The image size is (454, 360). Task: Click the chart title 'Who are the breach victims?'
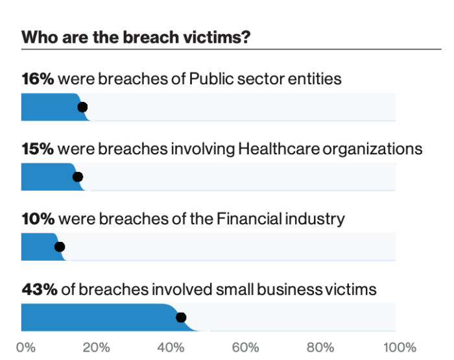coord(136,38)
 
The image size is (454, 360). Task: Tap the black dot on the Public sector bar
coord(82,107)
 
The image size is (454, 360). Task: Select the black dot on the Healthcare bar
coord(78,176)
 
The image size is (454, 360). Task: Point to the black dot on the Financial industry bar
coord(60,247)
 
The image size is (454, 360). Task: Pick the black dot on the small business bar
coord(181,317)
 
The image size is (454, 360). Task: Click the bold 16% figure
coord(38,78)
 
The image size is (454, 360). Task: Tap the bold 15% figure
coord(38,149)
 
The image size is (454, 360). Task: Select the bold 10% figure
coord(38,219)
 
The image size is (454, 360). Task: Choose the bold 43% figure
coord(40,289)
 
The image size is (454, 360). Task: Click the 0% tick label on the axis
coord(26,348)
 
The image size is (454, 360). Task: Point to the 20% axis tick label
coord(96,348)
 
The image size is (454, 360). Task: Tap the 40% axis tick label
coord(171,348)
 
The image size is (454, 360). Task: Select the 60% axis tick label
coord(246,348)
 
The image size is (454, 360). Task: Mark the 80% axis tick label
coord(320,348)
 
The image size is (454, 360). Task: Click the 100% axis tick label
coord(400,348)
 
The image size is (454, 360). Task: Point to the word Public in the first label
coord(211,78)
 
